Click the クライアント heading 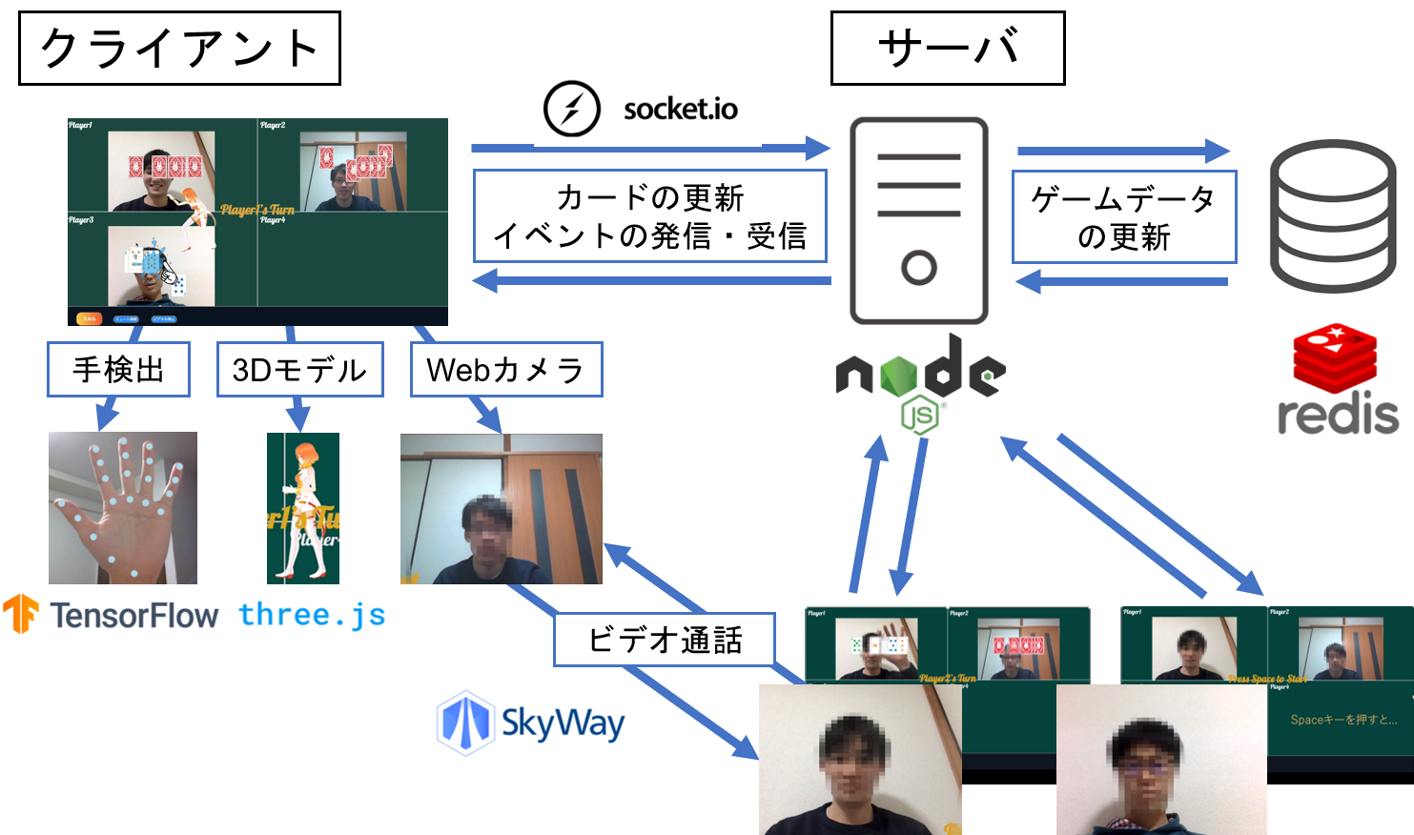pos(179,49)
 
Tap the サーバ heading pos(947,48)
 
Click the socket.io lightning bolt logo pos(571,110)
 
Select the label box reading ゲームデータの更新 pos(1123,217)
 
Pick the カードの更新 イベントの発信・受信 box pos(649,216)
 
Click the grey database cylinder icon pos(1335,215)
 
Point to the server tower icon pos(919,220)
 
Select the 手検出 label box pos(118,370)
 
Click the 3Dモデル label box pos(299,370)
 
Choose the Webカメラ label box pos(505,370)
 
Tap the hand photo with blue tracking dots pos(123,507)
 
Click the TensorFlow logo pos(111,615)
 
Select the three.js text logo pos(311,615)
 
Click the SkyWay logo pos(531,723)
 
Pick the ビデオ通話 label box pos(665,640)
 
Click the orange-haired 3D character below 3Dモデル pos(303,507)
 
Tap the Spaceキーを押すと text pos(1342,720)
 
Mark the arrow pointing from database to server pos(1121,281)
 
